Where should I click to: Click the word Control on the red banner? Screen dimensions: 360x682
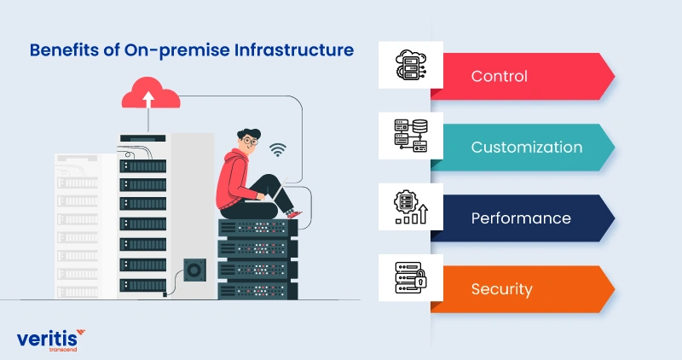coord(499,76)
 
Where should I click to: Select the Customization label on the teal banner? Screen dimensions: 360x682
coord(526,147)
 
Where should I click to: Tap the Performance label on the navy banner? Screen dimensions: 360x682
coord(520,218)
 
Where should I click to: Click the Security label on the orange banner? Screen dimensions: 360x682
coord(501,288)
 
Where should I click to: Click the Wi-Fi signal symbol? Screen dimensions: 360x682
coord(277,151)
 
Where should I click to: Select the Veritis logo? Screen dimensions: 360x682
coord(51,339)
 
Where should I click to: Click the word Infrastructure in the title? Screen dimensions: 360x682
coord(292,50)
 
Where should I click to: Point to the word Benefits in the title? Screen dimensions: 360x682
coord(62,50)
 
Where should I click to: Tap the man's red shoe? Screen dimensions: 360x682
coord(292,214)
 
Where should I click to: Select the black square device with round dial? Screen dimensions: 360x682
coord(194,271)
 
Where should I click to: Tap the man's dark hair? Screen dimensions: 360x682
coord(246,131)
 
